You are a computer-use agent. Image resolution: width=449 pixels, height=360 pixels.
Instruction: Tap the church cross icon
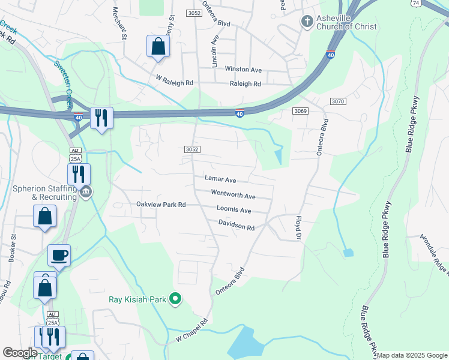click(x=307, y=22)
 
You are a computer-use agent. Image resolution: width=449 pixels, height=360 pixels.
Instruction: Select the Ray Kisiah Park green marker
click(x=175, y=298)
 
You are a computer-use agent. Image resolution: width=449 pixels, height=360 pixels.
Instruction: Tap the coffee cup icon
click(x=59, y=255)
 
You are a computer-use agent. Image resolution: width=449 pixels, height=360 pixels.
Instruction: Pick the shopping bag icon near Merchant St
click(x=158, y=46)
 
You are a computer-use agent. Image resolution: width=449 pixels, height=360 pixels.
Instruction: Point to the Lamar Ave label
click(x=220, y=179)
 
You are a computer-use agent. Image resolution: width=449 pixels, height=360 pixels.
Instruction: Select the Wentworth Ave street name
click(x=233, y=194)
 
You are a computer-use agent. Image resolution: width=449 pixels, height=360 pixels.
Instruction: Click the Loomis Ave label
click(x=234, y=211)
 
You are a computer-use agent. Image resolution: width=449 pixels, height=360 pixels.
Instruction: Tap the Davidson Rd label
click(x=237, y=227)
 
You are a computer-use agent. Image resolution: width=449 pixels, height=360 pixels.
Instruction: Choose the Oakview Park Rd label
click(x=161, y=205)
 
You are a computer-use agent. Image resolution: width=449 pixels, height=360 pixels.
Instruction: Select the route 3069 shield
click(x=301, y=111)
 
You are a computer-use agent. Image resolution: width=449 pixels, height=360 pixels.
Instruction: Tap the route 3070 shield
click(x=337, y=101)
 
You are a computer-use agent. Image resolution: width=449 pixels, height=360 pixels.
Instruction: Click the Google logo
click(x=20, y=353)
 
